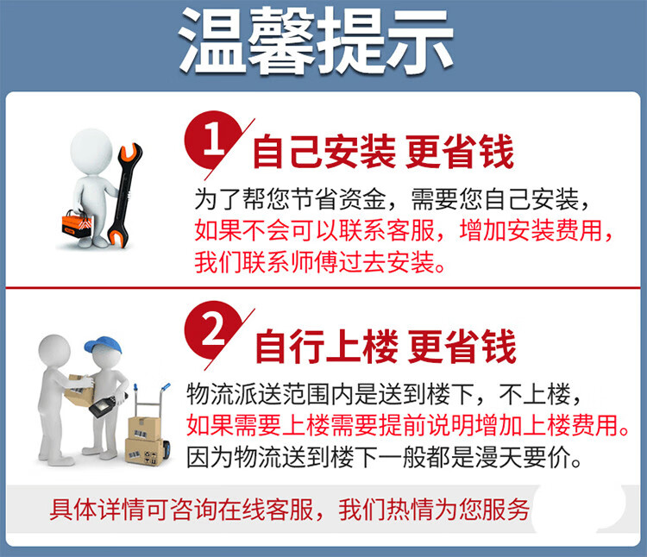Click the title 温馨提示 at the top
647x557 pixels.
[x=316, y=41]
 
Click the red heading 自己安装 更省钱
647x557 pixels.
[x=383, y=152]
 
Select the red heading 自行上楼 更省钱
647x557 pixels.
[x=386, y=347]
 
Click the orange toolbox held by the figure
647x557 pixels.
[x=77, y=225]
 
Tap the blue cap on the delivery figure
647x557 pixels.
[x=104, y=346]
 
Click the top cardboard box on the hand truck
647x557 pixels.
[x=144, y=429]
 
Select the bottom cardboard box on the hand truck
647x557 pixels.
[x=144, y=453]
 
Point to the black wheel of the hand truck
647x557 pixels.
[x=166, y=450]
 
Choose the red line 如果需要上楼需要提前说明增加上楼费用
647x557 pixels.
[x=408, y=425]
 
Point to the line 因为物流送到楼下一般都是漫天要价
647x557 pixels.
[x=384, y=458]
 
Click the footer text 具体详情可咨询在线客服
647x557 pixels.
[x=182, y=510]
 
